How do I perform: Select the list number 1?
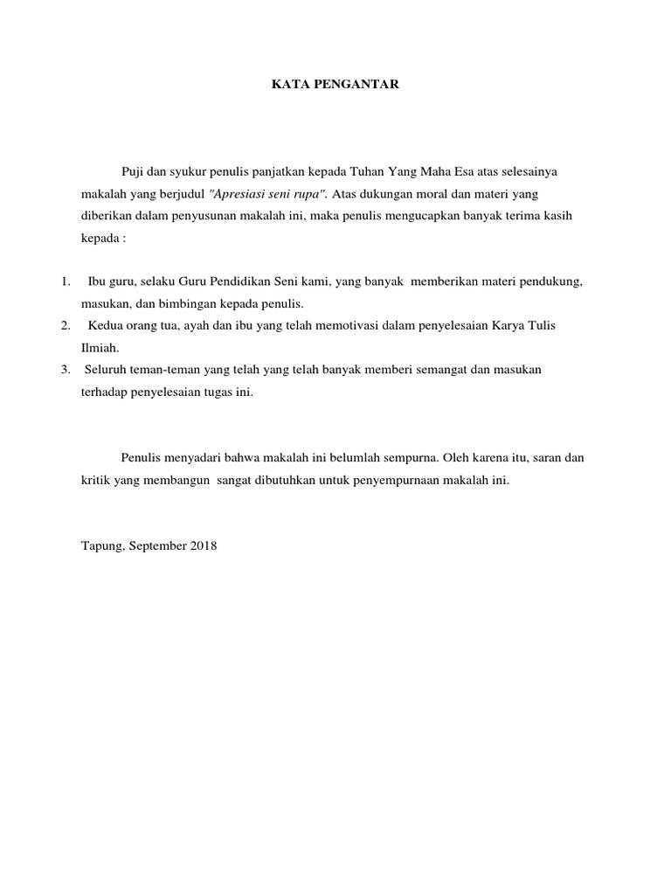point(66,281)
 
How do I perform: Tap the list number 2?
point(66,325)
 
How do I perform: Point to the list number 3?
point(66,369)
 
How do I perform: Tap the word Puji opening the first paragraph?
point(133,171)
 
